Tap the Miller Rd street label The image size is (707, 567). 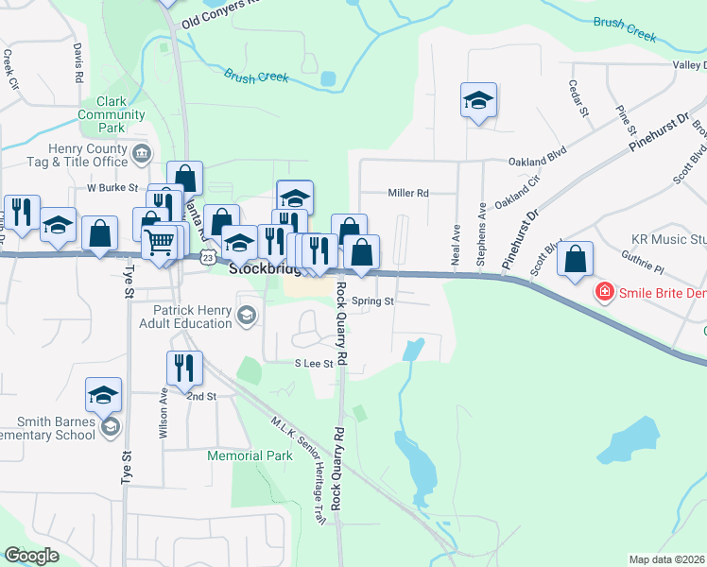pyautogui.click(x=408, y=193)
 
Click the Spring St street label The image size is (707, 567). pyautogui.click(x=371, y=301)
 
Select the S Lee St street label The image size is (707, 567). pyautogui.click(x=314, y=363)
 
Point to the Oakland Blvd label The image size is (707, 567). pyautogui.click(x=537, y=162)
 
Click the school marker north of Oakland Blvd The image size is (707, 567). pyautogui.click(x=478, y=100)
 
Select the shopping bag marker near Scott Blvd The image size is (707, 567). pyautogui.click(x=575, y=259)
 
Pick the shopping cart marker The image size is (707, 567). pyautogui.click(x=159, y=241)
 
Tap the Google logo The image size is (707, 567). pyautogui.click(x=32, y=556)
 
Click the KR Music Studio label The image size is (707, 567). pyautogui.click(x=666, y=240)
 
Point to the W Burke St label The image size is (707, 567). pyautogui.click(x=112, y=188)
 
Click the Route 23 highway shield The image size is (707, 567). pyautogui.click(x=208, y=257)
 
